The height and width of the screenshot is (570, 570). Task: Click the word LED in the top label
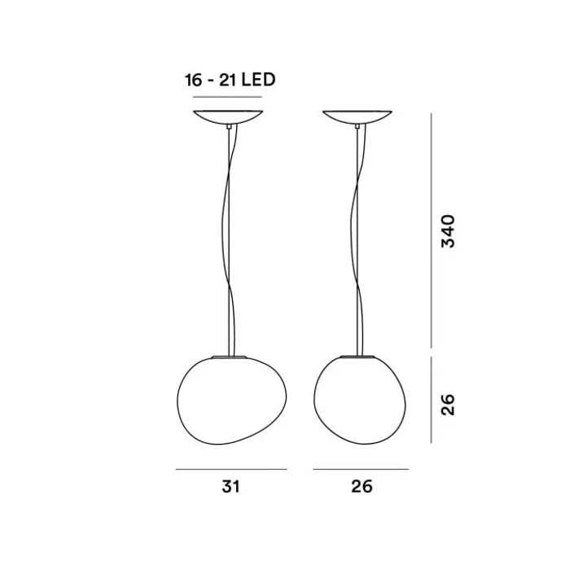(x=259, y=80)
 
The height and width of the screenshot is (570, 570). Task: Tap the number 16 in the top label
(x=193, y=80)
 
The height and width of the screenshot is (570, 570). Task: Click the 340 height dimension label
(x=448, y=231)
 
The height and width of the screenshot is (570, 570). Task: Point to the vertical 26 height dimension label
(x=448, y=404)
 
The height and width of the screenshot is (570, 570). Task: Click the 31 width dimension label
(x=230, y=486)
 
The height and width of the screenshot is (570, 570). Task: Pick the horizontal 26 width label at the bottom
(x=362, y=486)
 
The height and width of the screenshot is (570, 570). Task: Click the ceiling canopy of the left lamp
(x=228, y=116)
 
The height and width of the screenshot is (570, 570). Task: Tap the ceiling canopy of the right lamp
(x=357, y=116)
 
